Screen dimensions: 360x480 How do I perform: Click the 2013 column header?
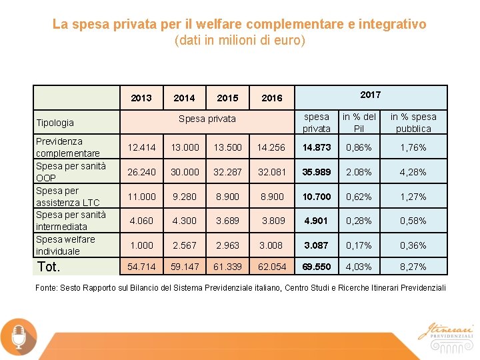141,98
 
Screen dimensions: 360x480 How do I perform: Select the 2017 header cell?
370,95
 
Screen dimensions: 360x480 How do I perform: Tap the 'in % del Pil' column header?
359,123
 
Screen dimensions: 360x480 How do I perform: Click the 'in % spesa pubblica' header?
413,123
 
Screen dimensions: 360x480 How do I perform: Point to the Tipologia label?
55,123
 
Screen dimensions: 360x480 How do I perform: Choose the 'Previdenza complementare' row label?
67,147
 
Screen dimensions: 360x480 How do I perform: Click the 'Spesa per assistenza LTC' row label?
67,197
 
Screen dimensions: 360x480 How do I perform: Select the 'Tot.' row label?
49,267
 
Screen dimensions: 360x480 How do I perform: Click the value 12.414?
142,147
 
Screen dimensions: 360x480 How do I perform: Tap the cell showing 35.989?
316,172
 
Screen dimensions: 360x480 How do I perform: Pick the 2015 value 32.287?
227,172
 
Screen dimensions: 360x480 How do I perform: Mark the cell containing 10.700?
316,197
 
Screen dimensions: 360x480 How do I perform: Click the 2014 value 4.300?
185,221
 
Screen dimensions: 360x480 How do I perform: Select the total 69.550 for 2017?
316,267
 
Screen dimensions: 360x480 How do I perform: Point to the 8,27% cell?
413,267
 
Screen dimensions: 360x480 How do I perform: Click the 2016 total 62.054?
272,267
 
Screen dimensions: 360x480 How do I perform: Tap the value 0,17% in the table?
359,245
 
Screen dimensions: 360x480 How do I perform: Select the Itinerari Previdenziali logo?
445,332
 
